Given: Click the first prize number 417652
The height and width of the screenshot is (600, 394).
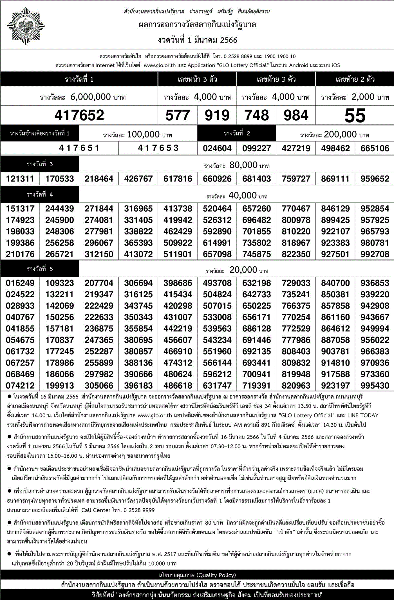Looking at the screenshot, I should [79, 115].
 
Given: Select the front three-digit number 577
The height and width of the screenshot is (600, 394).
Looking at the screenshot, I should [178, 115].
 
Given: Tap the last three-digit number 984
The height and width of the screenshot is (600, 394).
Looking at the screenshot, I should [296, 115].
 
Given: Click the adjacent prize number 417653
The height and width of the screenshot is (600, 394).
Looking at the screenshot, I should [158, 148].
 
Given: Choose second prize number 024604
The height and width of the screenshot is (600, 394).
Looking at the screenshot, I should [217, 148].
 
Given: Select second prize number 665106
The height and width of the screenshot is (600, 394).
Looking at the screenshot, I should [375, 148].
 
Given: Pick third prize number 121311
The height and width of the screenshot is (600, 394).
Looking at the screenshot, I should [20, 179].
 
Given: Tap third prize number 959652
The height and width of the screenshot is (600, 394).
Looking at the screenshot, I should [375, 179].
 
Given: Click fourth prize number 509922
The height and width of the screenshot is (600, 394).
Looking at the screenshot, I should [178, 243].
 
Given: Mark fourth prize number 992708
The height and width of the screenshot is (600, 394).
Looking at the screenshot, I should [375, 254].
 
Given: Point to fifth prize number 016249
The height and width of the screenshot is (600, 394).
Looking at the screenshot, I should [20, 283].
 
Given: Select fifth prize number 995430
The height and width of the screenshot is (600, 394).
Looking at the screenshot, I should [375, 386].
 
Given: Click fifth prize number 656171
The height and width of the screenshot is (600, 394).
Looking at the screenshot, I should [256, 317].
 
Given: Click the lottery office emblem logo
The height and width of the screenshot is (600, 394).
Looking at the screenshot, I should [26, 27].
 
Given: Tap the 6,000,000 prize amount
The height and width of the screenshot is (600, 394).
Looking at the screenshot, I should [90, 97].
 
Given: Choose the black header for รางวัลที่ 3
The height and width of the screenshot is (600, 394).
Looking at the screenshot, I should [40, 164].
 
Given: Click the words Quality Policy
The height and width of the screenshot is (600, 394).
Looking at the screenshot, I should [216, 575].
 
